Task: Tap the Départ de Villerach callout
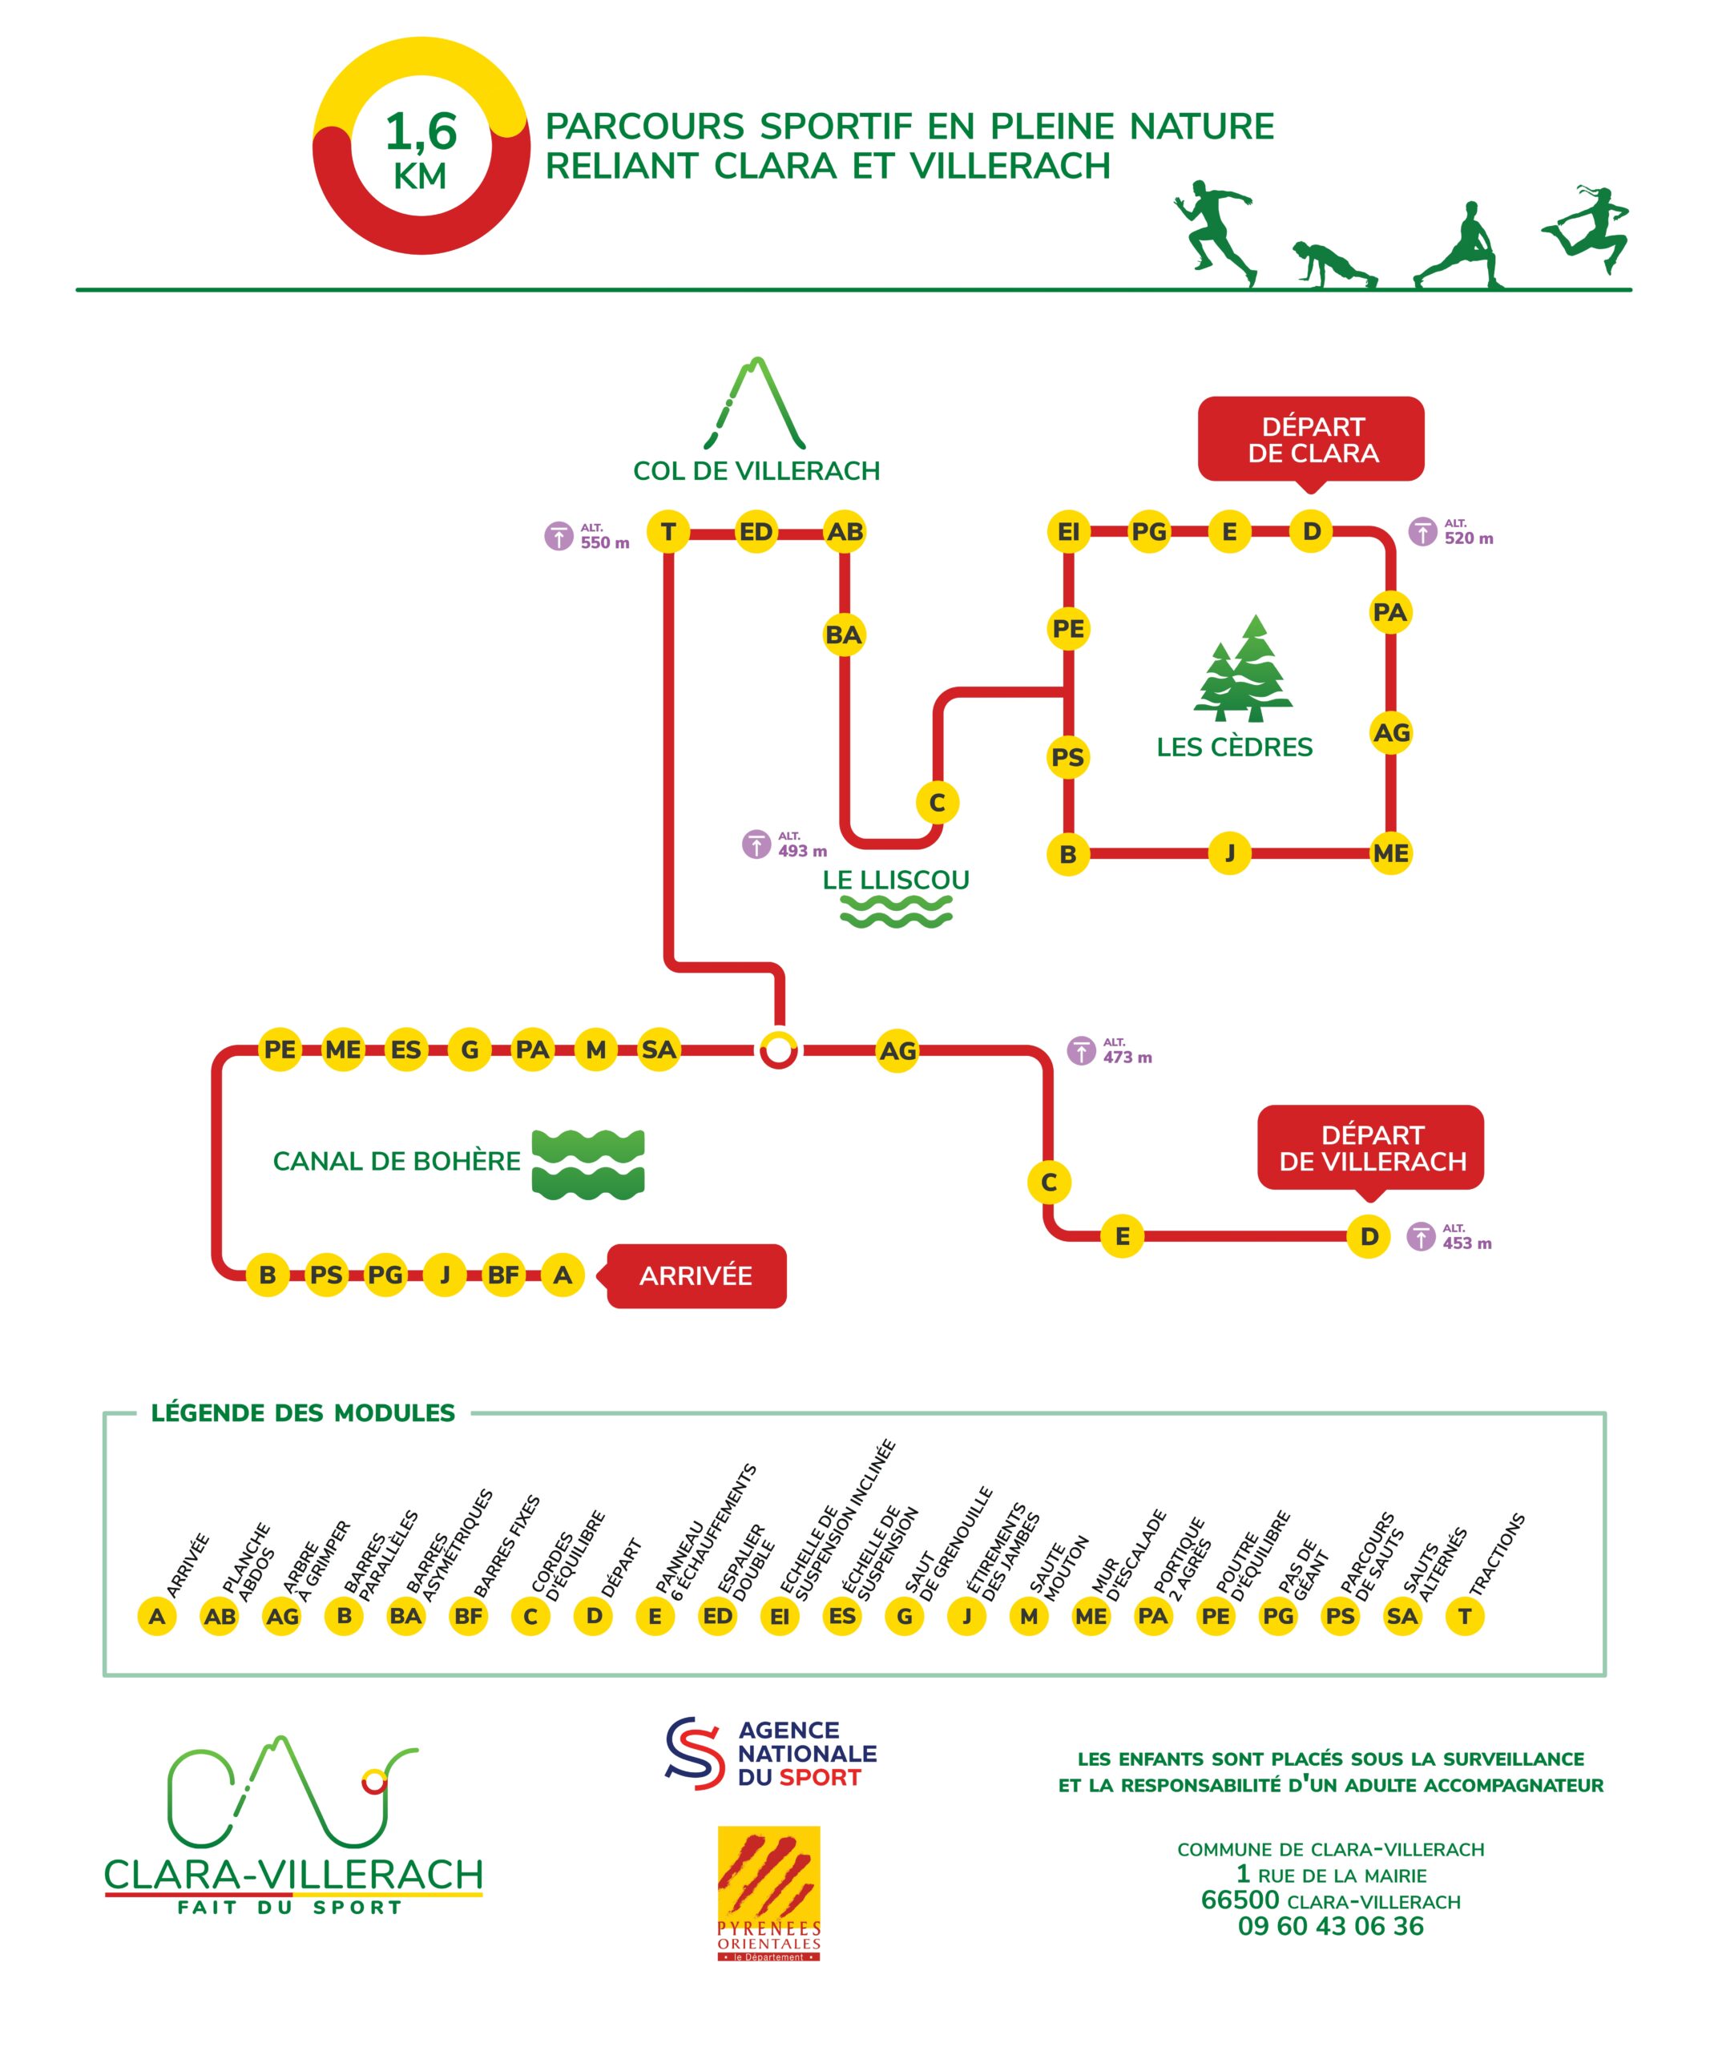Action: [1370, 1147]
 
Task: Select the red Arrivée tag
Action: [696, 1275]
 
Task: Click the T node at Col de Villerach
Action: [668, 532]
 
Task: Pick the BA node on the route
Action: [844, 635]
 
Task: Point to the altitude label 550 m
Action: [588, 537]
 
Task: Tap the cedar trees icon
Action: [1242, 669]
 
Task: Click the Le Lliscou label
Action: [896, 880]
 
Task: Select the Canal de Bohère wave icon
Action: [588, 1163]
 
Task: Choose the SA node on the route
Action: [658, 1050]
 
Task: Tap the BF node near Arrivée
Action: [503, 1275]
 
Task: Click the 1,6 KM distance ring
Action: [421, 147]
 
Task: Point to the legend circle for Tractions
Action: [1464, 1617]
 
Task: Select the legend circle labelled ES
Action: [842, 1617]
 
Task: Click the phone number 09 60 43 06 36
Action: [1330, 1926]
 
